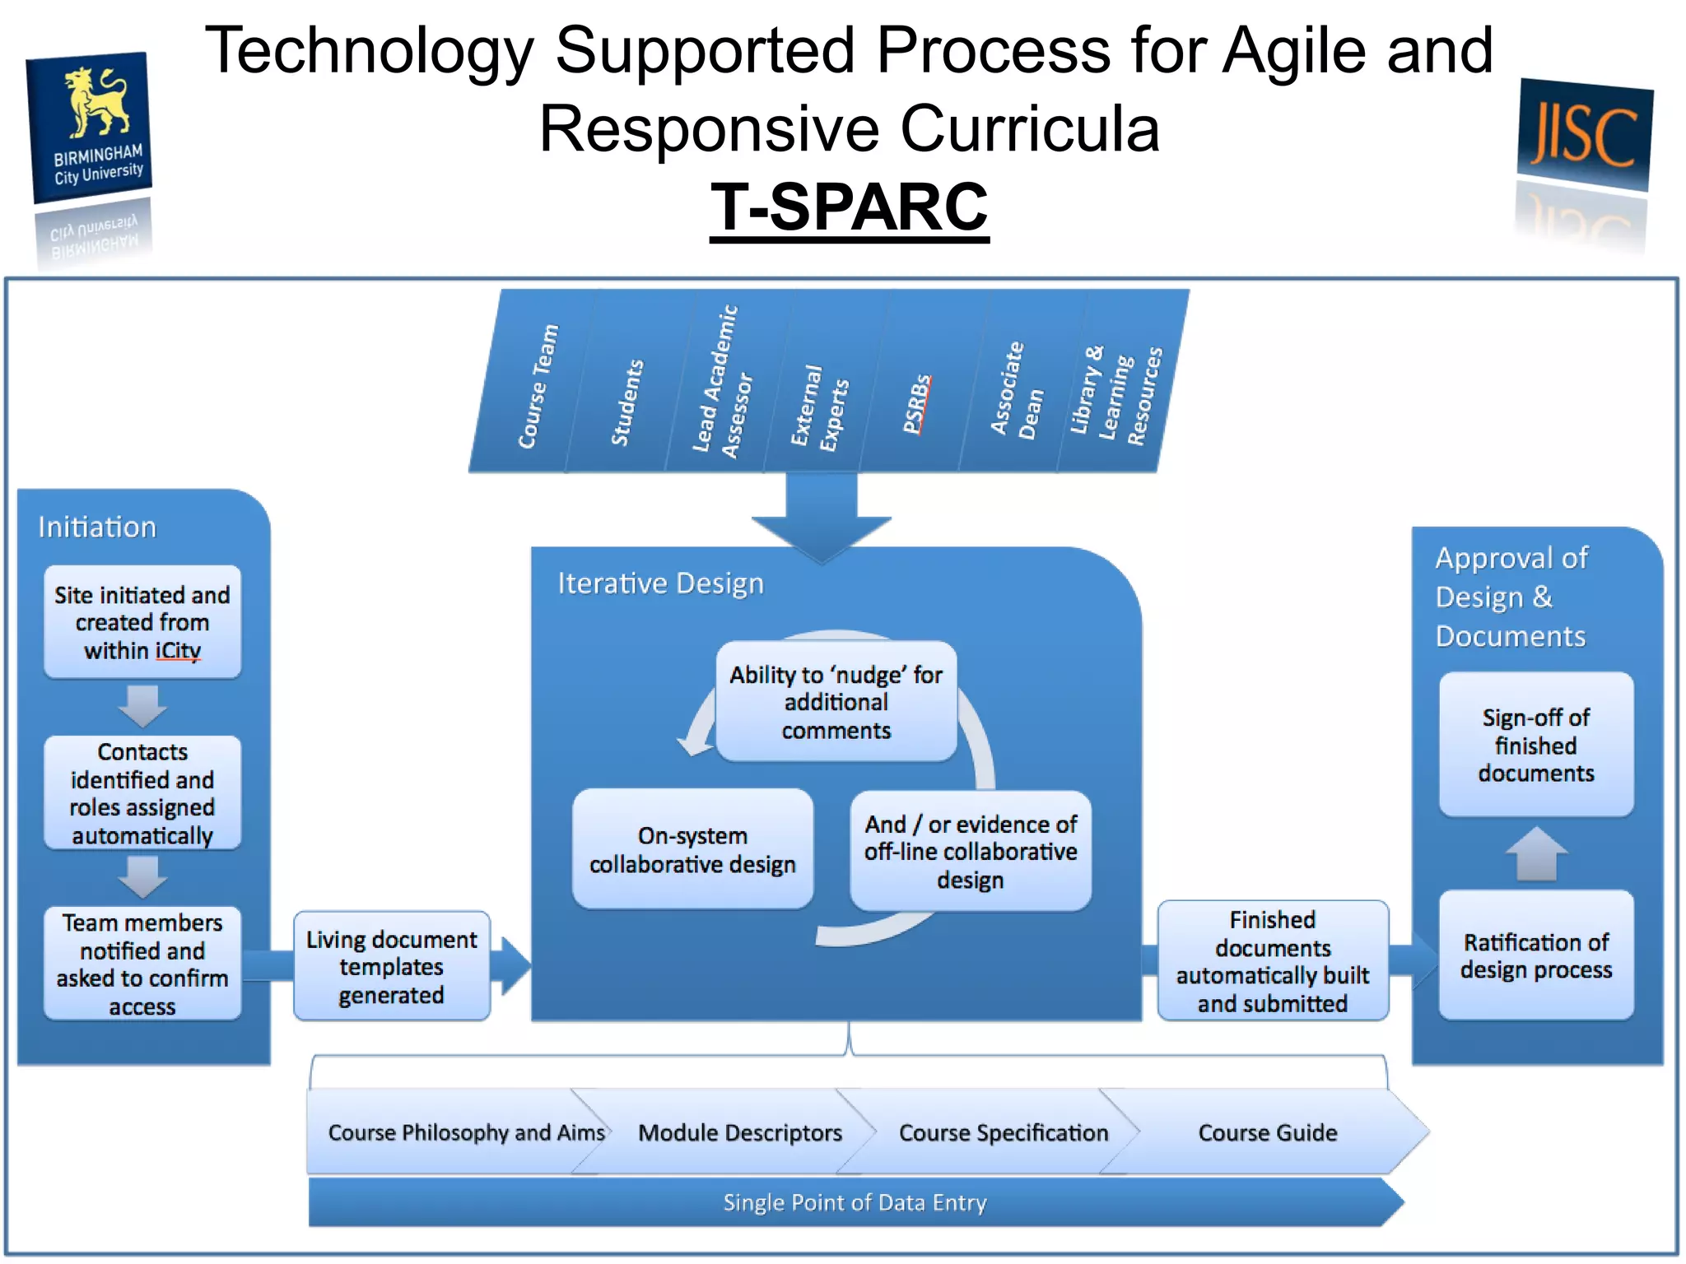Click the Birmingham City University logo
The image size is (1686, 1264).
pyautogui.click(x=91, y=128)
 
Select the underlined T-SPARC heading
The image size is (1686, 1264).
pyautogui.click(x=849, y=207)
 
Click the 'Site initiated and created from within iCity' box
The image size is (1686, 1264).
pyautogui.click(x=142, y=622)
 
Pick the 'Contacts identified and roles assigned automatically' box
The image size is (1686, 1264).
pyautogui.click(x=142, y=793)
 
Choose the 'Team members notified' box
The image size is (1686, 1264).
pyautogui.click(x=142, y=964)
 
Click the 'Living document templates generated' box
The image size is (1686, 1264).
pyautogui.click(x=392, y=967)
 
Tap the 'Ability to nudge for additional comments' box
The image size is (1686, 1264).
pyautogui.click(x=836, y=702)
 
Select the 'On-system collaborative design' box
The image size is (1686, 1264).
pyautogui.click(x=692, y=849)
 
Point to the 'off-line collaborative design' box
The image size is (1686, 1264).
pyautogui.click(x=971, y=852)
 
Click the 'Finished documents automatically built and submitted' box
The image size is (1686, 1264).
pyautogui.click(x=1273, y=961)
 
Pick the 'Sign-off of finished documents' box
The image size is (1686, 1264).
pyautogui.click(x=1536, y=745)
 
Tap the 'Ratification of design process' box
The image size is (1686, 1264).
pyautogui.click(x=1536, y=955)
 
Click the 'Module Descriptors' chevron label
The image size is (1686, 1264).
pyautogui.click(x=740, y=1133)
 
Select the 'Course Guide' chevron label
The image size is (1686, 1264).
pyautogui.click(x=1268, y=1133)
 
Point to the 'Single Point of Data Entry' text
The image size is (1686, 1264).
pyautogui.click(x=855, y=1203)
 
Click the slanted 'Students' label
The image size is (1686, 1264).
pyautogui.click(x=627, y=403)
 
